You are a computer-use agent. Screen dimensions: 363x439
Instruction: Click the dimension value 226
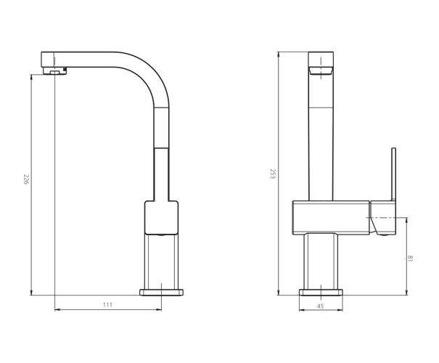coord(26,179)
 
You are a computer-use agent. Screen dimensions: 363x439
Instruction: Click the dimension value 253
coord(272,174)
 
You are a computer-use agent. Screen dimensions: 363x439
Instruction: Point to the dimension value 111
coord(108,305)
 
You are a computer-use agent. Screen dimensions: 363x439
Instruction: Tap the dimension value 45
coord(320,305)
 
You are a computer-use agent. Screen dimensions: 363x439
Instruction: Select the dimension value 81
coord(411,258)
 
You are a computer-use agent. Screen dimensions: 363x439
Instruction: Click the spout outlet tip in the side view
coord(55,70)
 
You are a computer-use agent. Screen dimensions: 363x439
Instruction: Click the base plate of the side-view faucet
coord(161,292)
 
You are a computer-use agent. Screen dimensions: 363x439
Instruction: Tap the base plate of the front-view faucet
coord(321,292)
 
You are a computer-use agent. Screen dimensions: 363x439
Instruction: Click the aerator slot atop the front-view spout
coord(321,70)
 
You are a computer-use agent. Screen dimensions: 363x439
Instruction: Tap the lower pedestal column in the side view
coord(161,261)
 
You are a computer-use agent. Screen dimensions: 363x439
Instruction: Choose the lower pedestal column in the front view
coord(321,261)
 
